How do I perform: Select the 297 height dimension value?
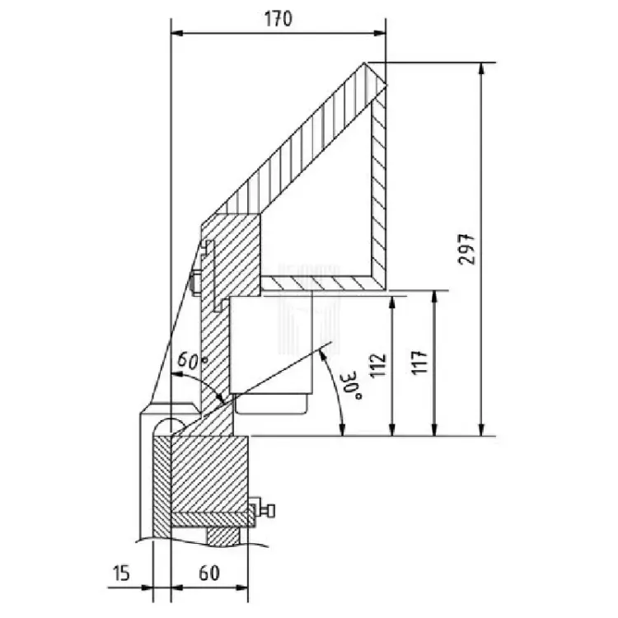[467, 247]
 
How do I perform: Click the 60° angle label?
[191, 361]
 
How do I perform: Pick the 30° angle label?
[347, 385]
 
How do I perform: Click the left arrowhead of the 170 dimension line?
[176, 34]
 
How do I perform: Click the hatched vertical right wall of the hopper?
[378, 190]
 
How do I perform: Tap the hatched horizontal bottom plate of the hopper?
[321, 283]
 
